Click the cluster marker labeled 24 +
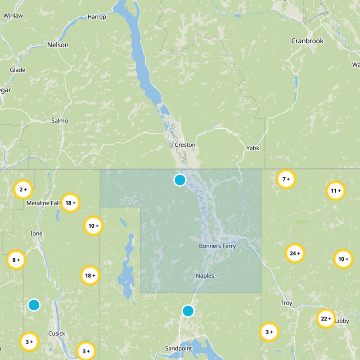click(294, 253)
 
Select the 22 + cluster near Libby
click(325, 319)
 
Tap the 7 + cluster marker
click(286, 179)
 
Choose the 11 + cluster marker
click(335, 191)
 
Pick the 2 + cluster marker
click(23, 189)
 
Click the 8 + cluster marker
click(16, 260)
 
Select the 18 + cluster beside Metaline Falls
click(70, 202)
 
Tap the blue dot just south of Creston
click(180, 180)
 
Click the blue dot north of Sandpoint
click(188, 310)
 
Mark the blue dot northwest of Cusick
click(34, 305)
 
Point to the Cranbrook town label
click(307, 41)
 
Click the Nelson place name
click(58, 45)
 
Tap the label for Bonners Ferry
click(217, 246)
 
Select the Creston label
click(185, 145)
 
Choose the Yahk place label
click(253, 148)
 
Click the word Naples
click(205, 276)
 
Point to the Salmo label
click(59, 121)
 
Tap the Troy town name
click(286, 303)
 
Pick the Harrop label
click(97, 17)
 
